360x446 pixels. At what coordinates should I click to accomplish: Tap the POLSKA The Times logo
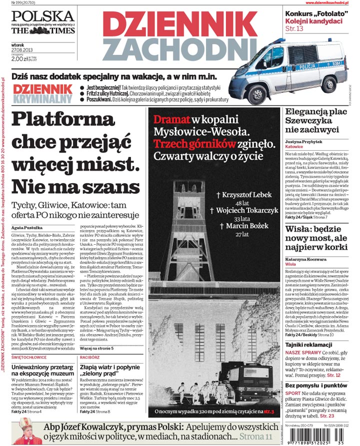tap(43, 22)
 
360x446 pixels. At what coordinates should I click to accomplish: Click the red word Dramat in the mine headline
tap(171, 120)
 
